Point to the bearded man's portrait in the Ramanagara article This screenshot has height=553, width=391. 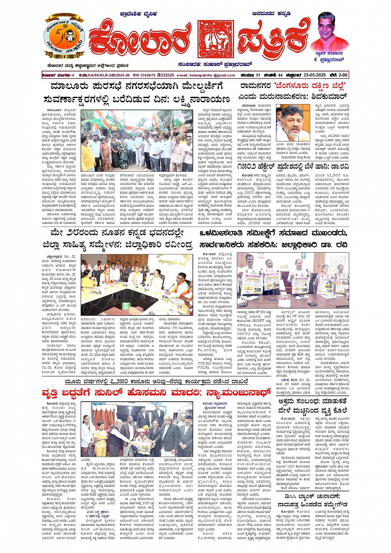click(x=293, y=123)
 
